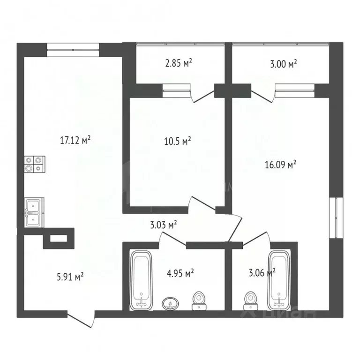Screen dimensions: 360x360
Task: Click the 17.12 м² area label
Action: coord(75,140)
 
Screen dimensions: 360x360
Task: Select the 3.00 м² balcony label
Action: coord(284,63)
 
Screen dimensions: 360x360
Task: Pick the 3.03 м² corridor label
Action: coord(163,225)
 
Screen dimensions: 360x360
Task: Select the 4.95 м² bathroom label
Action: coord(181,273)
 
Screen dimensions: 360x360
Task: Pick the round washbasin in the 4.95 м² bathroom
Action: coord(170,303)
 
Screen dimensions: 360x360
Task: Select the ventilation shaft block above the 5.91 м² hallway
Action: coord(59,238)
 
